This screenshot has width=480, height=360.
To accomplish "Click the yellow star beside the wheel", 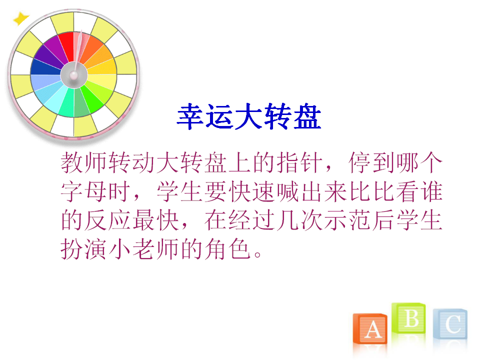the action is (x=20, y=18).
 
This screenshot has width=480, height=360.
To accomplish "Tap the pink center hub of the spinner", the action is (x=74, y=75).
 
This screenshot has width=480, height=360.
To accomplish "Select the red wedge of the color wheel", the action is (x=66, y=46).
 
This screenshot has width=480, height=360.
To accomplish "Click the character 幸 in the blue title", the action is (x=190, y=116).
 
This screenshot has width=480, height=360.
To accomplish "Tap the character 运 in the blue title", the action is (x=219, y=116).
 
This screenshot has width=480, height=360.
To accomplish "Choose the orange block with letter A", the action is (x=370, y=328).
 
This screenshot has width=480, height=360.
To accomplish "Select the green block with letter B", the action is (x=408, y=318).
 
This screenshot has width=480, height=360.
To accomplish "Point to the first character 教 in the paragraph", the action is (x=72, y=162).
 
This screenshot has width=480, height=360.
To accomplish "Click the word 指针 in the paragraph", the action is (x=299, y=162).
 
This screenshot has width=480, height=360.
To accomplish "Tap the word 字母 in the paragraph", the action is (x=83, y=191).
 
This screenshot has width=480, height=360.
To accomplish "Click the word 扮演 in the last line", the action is (x=83, y=249).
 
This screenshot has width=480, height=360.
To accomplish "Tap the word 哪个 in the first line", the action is (x=419, y=162).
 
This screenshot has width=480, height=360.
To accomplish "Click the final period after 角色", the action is (x=258, y=254).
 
